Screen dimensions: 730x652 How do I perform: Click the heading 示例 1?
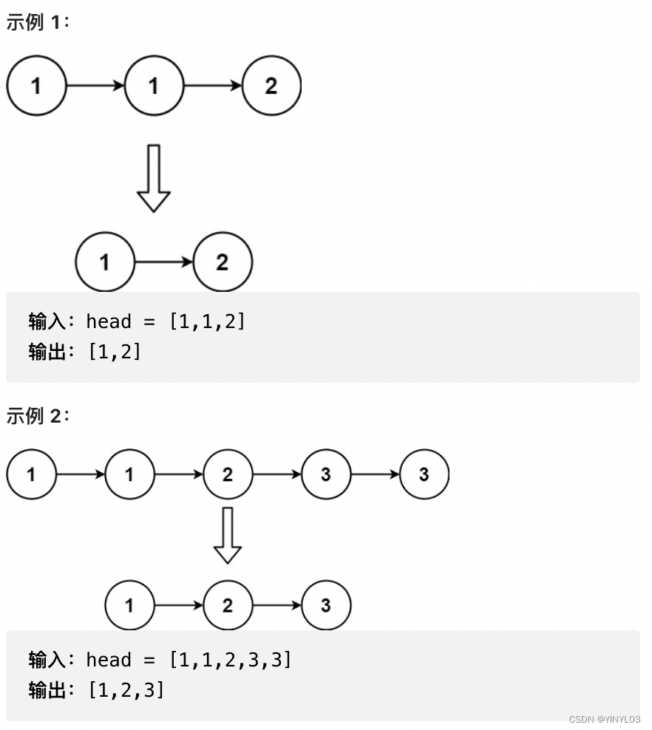coord(37,22)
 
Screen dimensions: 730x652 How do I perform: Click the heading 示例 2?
coord(37,416)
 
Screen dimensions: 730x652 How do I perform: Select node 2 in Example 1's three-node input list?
coord(271,86)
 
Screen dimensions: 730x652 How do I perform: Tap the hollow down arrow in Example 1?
coord(154,178)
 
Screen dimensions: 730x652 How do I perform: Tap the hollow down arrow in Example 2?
coord(227,535)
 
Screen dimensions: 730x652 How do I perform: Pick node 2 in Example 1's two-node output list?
coord(223,262)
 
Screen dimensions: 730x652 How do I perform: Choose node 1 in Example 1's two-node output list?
coord(105,262)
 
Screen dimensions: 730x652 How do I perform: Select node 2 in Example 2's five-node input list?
coord(227,474)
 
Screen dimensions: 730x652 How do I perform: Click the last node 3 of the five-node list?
coord(424,474)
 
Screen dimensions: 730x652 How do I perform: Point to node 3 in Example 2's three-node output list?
coord(326,606)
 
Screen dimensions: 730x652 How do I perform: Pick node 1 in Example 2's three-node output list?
coord(129,606)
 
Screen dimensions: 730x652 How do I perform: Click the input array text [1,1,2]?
coord(207,321)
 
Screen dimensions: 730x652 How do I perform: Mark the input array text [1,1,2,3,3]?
coord(231,660)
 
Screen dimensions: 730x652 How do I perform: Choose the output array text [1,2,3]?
coord(126,690)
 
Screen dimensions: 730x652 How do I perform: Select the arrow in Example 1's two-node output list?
coord(164,262)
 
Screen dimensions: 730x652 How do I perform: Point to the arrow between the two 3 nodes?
coord(375,474)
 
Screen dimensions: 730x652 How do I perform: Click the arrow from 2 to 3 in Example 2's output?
coord(276,606)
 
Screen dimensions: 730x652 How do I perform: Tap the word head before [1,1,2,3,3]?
coord(109,660)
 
